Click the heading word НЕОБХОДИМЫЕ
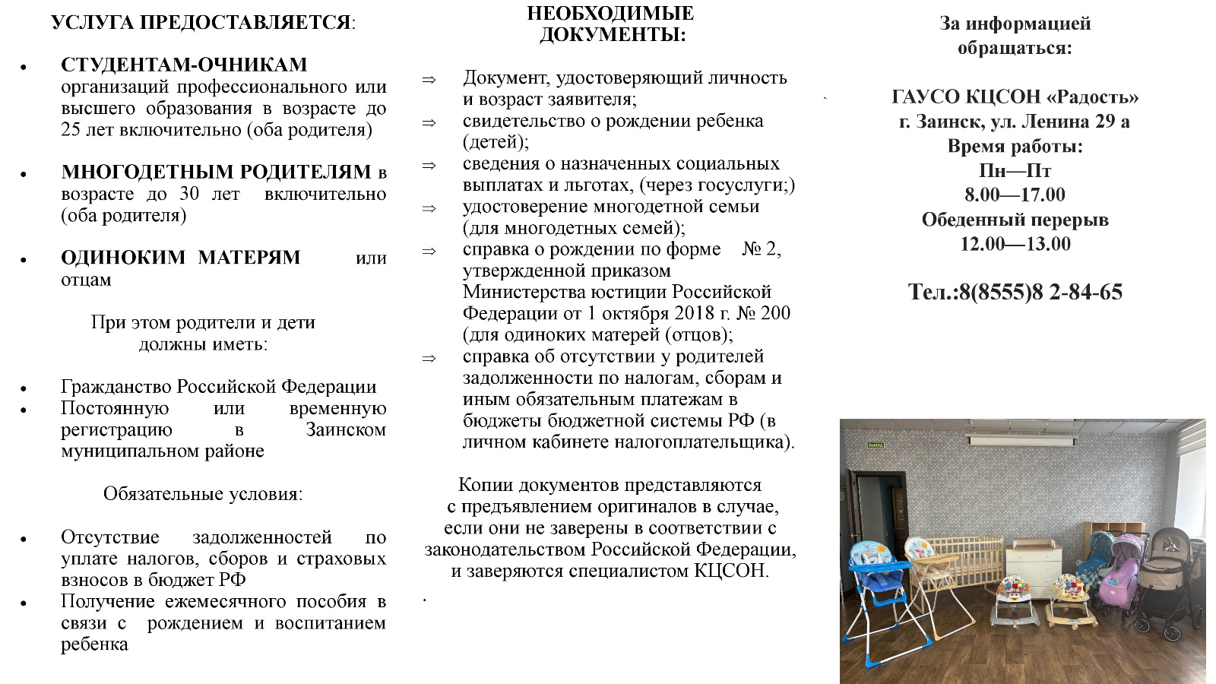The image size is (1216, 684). [x=610, y=14]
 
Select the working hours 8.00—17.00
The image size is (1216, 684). [x=1015, y=195]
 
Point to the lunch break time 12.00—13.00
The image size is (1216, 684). [x=1015, y=244]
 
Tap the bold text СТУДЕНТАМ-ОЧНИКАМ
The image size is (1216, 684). [x=184, y=65]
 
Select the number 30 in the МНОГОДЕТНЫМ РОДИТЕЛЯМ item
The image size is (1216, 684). [x=189, y=194]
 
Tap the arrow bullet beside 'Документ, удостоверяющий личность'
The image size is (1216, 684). [x=429, y=79]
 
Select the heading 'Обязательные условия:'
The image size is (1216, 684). [x=203, y=494]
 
